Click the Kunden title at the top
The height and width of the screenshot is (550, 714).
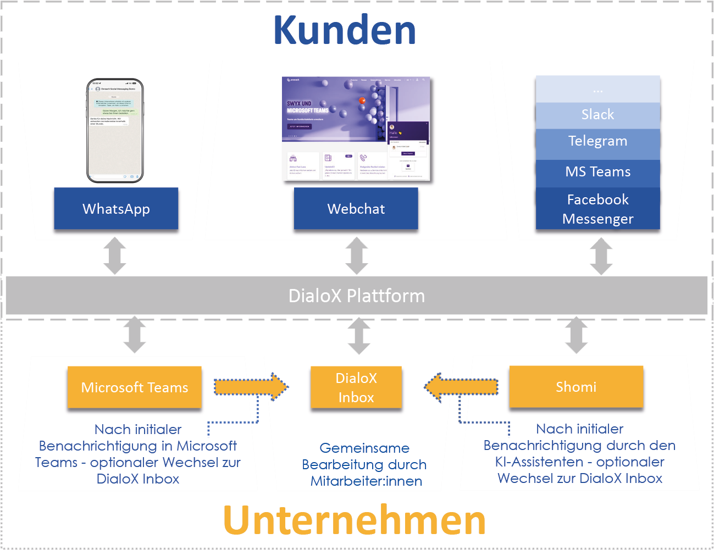click(345, 30)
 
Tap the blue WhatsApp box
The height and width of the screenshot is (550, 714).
click(116, 209)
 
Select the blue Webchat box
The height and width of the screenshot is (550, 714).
click(356, 209)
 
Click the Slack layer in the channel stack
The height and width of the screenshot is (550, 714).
click(597, 115)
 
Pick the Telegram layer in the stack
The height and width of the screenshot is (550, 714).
click(597, 141)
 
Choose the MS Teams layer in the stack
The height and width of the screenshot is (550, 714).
click(597, 172)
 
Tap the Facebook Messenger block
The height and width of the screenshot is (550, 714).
click(597, 209)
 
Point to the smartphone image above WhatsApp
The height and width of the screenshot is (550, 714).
click(115, 131)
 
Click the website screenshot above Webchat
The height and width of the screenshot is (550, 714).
click(356, 129)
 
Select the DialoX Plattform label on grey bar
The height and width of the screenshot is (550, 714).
click(356, 296)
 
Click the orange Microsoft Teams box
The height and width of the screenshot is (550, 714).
click(135, 387)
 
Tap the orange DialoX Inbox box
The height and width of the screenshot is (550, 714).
click(356, 387)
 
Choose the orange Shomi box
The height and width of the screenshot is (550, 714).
click(576, 387)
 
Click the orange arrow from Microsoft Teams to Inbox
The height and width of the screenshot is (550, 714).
click(251, 387)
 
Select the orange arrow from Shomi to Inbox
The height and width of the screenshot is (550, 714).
click(462, 387)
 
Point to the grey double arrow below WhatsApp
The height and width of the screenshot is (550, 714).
click(115, 256)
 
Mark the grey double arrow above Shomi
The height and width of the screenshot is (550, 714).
click(576, 335)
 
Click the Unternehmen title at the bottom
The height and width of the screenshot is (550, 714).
click(355, 520)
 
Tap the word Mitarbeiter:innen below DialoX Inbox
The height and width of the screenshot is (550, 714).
click(366, 481)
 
